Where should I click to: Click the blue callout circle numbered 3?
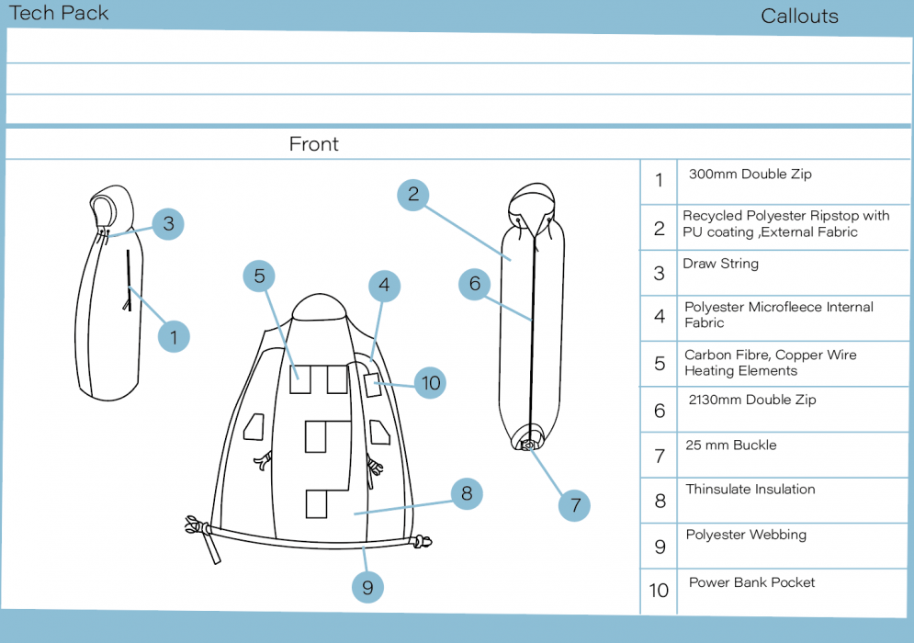coord(168,223)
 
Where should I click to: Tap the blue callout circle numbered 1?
coord(174,336)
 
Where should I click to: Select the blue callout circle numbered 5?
coord(260,276)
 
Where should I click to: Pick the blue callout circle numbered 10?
coord(430,382)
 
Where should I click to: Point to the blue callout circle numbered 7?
coord(575,504)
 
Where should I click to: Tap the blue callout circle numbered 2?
coord(413,194)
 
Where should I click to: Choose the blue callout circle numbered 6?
coord(475,284)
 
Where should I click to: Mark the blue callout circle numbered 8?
coord(467,494)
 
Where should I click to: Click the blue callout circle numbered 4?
coord(384,286)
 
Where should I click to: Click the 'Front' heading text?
coord(313,144)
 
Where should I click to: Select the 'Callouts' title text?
coord(799,17)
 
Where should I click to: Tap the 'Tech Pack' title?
coord(59,13)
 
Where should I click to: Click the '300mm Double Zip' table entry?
coord(750,175)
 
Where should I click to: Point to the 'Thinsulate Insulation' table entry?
coord(750,490)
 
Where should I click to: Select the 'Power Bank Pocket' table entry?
coord(751,582)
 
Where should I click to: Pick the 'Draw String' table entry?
coord(720,264)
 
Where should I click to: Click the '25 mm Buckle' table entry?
coord(730,446)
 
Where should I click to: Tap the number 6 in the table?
coord(659,411)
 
